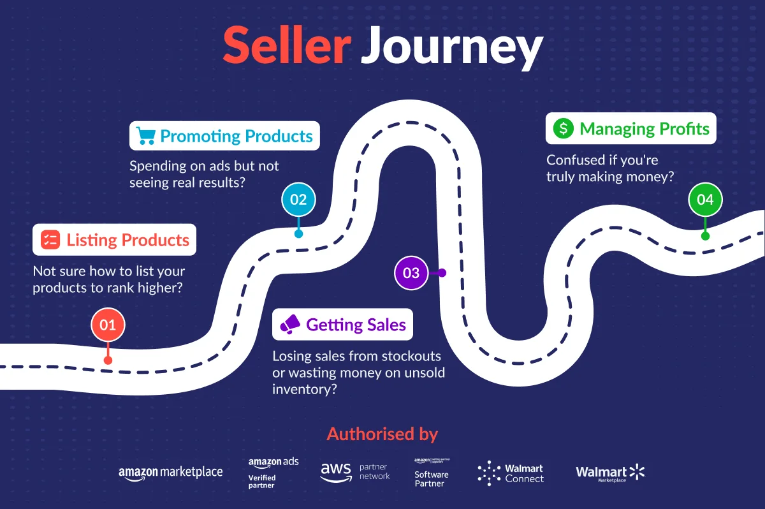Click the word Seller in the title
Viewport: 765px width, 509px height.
pos(286,46)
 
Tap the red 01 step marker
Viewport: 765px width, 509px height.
pos(108,325)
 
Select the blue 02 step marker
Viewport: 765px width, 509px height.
pos(298,199)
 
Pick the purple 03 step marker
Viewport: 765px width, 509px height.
pos(411,273)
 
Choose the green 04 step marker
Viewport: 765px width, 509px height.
pos(705,200)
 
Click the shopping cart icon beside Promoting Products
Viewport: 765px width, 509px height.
pos(146,136)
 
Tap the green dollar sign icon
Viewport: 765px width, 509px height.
pos(563,129)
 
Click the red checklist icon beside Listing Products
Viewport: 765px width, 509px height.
pos(50,240)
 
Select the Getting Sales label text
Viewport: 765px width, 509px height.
pos(356,325)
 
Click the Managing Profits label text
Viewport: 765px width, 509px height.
pos(644,129)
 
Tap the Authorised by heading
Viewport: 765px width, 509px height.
pos(382,434)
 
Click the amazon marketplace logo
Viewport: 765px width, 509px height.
pos(170,473)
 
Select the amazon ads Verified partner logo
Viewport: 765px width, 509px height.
pos(273,472)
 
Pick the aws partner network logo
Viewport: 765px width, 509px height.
pos(354,472)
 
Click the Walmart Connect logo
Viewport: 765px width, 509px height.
pos(511,473)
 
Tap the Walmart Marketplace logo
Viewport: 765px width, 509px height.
pos(610,473)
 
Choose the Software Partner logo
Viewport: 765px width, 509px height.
pos(432,472)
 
